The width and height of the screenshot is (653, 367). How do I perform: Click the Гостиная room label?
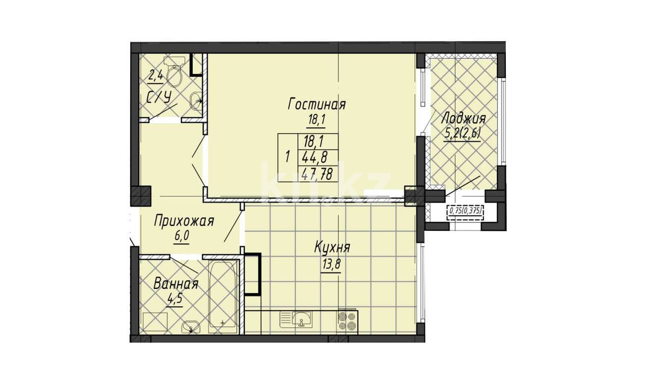[x=317, y=105]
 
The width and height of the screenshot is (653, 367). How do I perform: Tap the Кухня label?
[x=332, y=248]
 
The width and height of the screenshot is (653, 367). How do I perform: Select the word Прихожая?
[x=184, y=221]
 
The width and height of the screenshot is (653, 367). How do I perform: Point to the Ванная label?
[x=176, y=284]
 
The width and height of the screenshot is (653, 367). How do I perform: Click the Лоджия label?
[x=464, y=119]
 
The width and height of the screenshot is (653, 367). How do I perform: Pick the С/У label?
[x=159, y=98]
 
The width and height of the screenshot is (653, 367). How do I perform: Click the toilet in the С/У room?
[x=174, y=71]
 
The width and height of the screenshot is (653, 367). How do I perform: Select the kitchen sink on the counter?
[x=296, y=319]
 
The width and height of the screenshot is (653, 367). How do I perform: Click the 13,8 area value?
[x=331, y=265]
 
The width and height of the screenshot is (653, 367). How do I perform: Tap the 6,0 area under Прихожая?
[x=182, y=236]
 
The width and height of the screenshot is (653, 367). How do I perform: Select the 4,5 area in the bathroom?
[x=175, y=299]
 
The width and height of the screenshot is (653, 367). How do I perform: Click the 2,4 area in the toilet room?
[x=156, y=76]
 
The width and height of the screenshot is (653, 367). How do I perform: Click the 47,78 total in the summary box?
[x=317, y=175]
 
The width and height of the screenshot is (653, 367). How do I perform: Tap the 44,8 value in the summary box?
[x=315, y=158]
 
